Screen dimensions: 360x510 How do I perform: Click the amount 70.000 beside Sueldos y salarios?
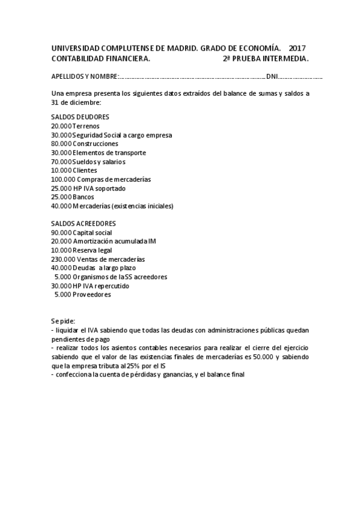click(61, 162)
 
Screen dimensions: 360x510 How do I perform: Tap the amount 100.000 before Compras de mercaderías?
click(63, 179)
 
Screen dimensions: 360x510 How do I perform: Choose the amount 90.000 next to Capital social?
click(61, 232)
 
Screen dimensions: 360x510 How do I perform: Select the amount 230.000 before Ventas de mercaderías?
click(63, 259)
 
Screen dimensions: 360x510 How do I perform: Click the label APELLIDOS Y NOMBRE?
click(84, 77)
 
